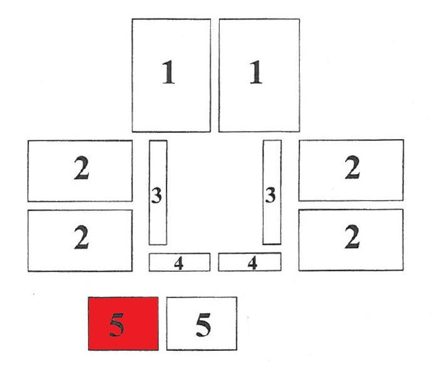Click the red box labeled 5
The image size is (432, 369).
pyautogui.click(x=123, y=323)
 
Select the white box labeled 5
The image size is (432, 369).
pyautogui.click(x=202, y=323)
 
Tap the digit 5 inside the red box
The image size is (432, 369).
pyautogui.click(x=116, y=325)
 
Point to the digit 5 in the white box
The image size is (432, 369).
pyautogui.click(x=203, y=325)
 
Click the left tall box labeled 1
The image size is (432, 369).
pyautogui.click(x=172, y=75)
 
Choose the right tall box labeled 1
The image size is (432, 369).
pyautogui.click(x=259, y=75)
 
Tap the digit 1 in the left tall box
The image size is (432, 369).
pyautogui.click(x=168, y=72)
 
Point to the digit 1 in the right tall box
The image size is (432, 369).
pyautogui.click(x=255, y=72)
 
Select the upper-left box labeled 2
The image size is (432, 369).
pyautogui.click(x=80, y=171)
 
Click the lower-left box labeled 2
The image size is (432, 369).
pyautogui.click(x=80, y=241)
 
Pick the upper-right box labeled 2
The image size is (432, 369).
pyautogui.click(x=351, y=170)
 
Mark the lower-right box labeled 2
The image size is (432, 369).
pyautogui.click(x=351, y=240)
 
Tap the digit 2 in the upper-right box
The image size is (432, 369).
pyautogui.click(x=352, y=167)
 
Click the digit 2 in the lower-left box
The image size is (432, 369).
pyautogui.click(x=81, y=237)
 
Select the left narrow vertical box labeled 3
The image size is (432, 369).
pyautogui.click(x=158, y=192)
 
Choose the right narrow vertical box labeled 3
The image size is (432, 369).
pyautogui.click(x=272, y=192)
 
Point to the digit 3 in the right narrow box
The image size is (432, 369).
pyautogui.click(x=270, y=195)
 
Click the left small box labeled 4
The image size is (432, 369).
pyautogui.click(x=180, y=262)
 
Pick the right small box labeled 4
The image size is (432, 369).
pyautogui.click(x=250, y=262)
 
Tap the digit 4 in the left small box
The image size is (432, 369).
pyautogui.click(x=178, y=263)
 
